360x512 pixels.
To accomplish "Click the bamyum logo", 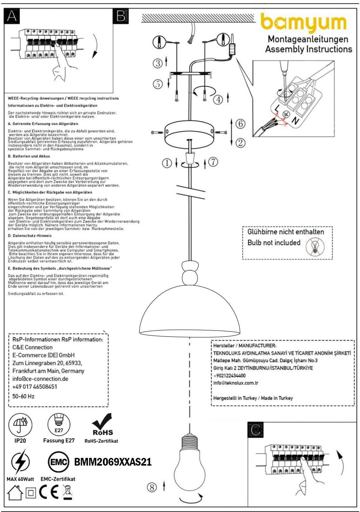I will click(303, 23).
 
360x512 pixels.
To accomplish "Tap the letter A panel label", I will click(12, 16).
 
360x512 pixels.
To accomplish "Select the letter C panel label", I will click(256, 430).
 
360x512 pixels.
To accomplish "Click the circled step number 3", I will click(158, 63).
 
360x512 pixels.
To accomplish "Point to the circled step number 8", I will click(152, 487).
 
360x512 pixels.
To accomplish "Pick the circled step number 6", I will click(241, 123).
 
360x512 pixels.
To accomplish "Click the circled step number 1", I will click(167, 163).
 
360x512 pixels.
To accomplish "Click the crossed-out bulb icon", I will click(315, 247).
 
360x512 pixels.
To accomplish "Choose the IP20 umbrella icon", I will click(20, 425).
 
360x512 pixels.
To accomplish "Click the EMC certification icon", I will click(58, 462).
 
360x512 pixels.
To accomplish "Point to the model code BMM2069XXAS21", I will click(113, 462).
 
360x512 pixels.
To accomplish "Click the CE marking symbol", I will click(49, 492).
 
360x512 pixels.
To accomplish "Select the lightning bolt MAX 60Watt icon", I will click(20, 462).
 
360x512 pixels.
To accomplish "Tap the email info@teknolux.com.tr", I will click(236, 383).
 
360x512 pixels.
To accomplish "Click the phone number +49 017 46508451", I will click(35, 387).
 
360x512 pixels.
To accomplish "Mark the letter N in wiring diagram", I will click(295, 121).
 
